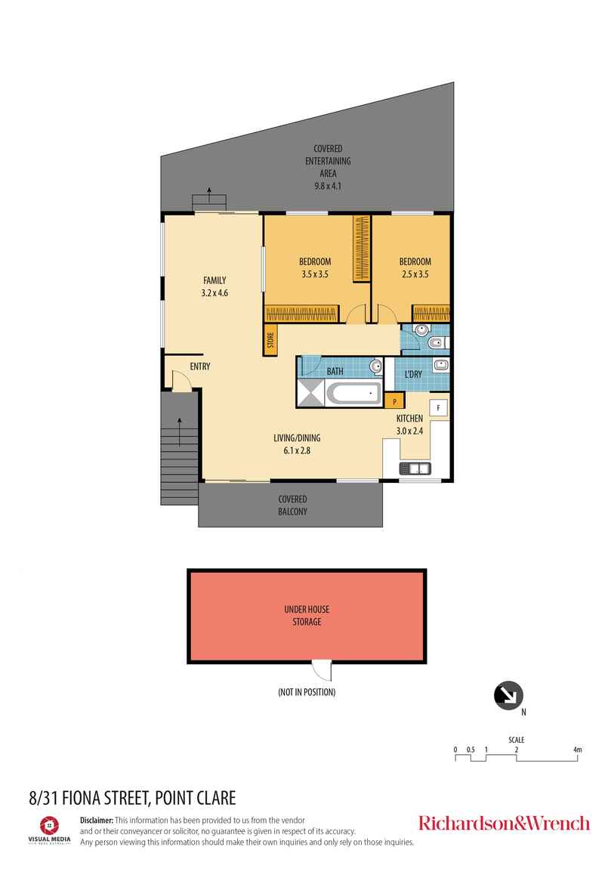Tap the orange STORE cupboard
pos(270,342)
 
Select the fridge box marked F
pos(439,407)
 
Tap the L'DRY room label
pos(413,373)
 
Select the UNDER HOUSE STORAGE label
pos(307,616)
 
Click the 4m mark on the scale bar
pos(578,750)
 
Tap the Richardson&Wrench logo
pos(504,823)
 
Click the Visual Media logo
pos(49,826)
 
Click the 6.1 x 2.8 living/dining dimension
pos(292,450)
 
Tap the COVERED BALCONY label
pos(292,505)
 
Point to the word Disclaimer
pos(97,820)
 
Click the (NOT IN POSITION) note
pos(307,692)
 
